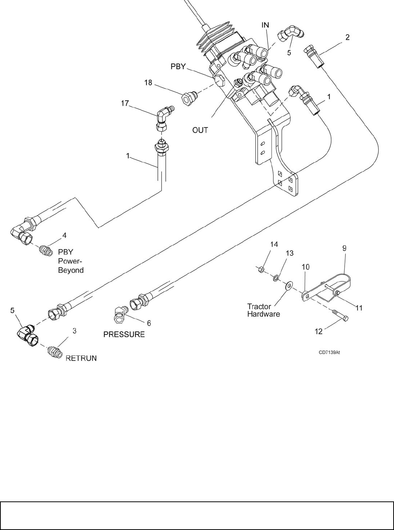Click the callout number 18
148,82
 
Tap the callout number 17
125,102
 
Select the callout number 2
347,37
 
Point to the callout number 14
274,244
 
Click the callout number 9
344,248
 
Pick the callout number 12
319,331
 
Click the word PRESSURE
124,334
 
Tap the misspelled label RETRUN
81,358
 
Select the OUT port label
200,130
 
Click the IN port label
266,25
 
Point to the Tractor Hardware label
263,310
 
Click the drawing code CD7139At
330,352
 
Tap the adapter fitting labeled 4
45,250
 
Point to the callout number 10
305,267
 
